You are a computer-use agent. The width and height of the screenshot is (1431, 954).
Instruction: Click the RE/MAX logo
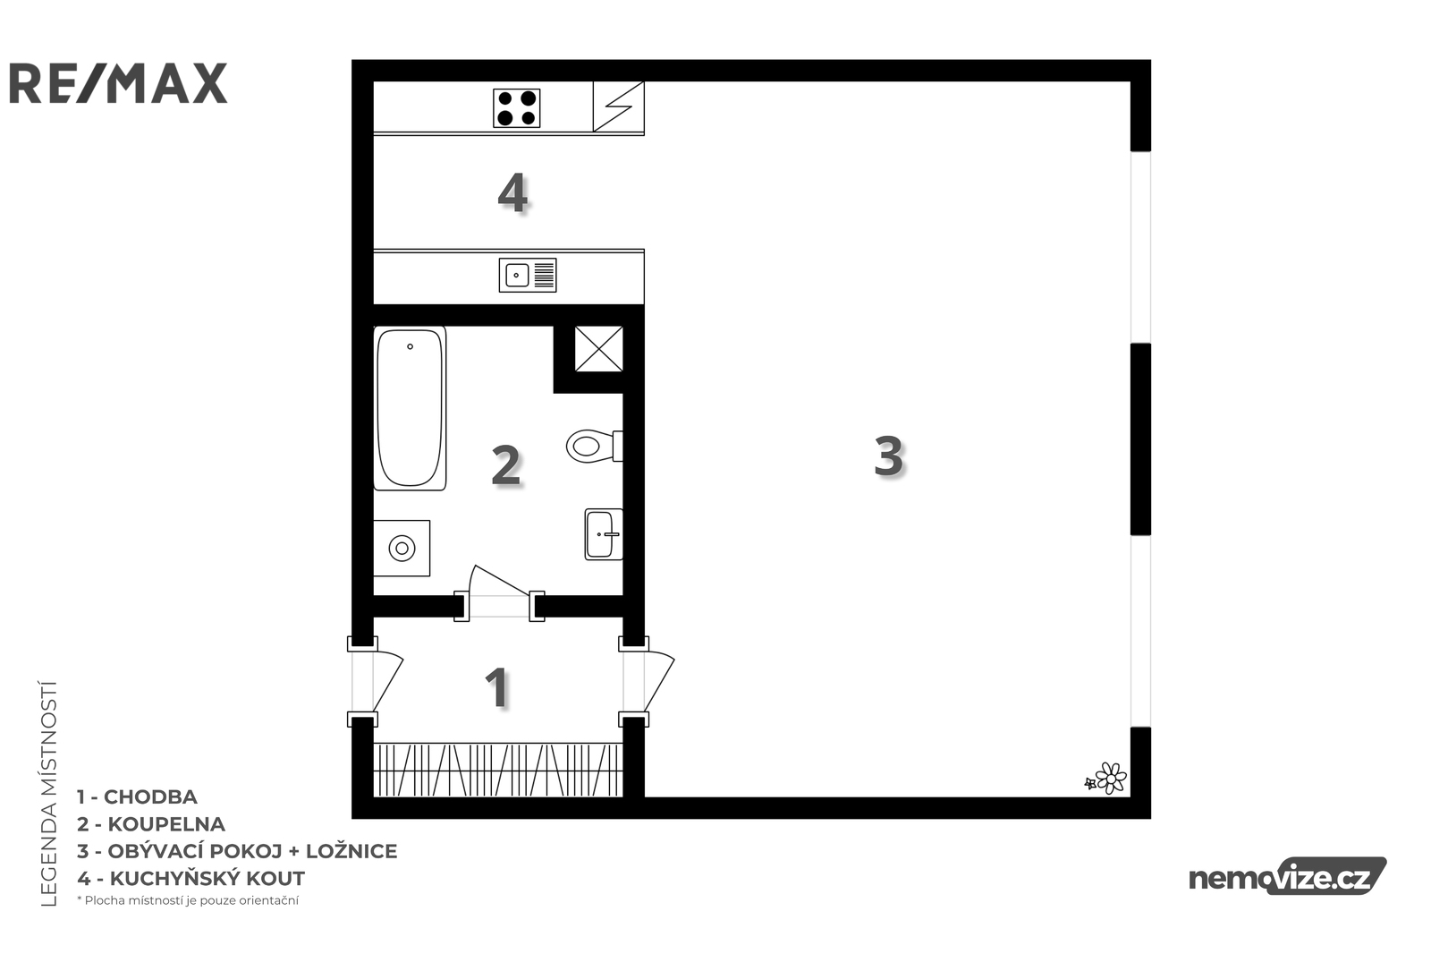tap(118, 83)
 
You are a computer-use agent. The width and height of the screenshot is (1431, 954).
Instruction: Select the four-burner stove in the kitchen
tap(516, 108)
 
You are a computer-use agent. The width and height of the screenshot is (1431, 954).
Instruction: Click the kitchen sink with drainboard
tap(528, 275)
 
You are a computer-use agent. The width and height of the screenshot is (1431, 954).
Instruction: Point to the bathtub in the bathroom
tap(410, 408)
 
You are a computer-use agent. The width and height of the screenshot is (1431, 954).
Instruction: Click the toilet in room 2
tap(594, 446)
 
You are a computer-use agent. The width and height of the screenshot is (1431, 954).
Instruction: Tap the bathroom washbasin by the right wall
tap(604, 534)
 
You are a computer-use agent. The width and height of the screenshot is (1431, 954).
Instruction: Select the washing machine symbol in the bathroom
tap(402, 548)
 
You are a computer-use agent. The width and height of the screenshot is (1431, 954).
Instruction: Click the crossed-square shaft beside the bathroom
tap(598, 348)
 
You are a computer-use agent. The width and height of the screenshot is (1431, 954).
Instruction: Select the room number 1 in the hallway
tap(497, 687)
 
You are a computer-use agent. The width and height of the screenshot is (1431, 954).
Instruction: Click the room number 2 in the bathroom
tap(506, 465)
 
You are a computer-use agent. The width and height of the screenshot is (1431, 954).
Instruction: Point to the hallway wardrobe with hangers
tap(497, 770)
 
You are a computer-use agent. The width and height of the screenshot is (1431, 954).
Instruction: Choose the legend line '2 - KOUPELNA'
tap(151, 824)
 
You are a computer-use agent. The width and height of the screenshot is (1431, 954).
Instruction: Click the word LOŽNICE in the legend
tap(351, 851)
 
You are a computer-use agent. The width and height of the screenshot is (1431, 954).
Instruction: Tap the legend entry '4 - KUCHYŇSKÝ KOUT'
tap(191, 878)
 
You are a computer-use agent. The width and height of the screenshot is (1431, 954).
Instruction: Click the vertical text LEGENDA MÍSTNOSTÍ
tap(49, 794)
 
